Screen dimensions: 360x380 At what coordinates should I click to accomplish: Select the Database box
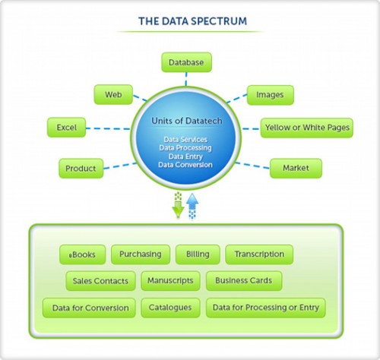pyautogui.click(x=186, y=62)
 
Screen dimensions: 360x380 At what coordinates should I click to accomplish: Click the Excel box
pyautogui.click(x=66, y=127)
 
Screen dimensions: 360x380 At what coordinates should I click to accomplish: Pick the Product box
pyautogui.click(x=81, y=167)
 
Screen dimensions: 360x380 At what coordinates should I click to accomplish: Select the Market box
pyautogui.click(x=296, y=167)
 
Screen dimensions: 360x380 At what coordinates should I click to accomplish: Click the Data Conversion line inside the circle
pyautogui.click(x=186, y=164)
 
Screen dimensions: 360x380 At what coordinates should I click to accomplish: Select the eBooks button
pyautogui.click(x=83, y=254)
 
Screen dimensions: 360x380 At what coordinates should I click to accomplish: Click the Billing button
pyautogui.click(x=198, y=254)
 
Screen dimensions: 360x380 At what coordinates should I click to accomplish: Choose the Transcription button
pyautogui.click(x=259, y=254)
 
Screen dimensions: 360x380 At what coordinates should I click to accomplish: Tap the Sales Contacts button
pyautogui.click(x=100, y=280)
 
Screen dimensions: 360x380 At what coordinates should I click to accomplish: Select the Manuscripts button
pyautogui.click(x=171, y=280)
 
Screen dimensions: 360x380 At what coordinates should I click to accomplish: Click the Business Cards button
pyautogui.click(x=243, y=280)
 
